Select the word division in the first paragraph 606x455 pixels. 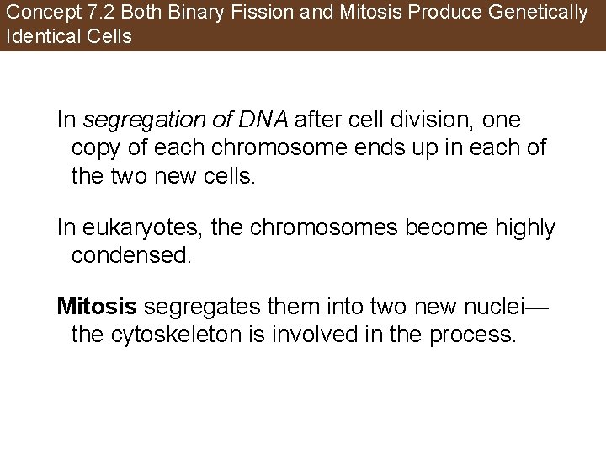408,120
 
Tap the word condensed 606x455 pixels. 133,254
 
